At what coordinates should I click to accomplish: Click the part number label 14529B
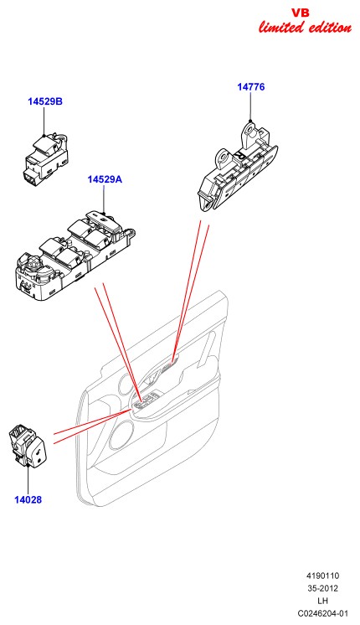(45, 101)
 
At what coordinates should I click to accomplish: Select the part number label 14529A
(105, 179)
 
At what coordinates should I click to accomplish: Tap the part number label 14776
(251, 87)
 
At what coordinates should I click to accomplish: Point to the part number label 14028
(28, 499)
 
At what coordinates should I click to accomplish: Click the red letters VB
(301, 13)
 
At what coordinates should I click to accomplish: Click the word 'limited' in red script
(281, 28)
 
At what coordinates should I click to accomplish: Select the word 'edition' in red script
(329, 28)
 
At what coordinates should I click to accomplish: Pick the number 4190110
(322, 576)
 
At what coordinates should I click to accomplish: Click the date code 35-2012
(322, 588)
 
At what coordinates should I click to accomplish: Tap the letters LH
(322, 601)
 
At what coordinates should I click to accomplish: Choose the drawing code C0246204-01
(322, 613)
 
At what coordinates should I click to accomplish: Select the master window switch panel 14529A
(74, 256)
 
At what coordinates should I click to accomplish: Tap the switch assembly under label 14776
(238, 167)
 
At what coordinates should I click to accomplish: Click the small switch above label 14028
(28, 445)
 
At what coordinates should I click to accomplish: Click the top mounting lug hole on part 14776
(250, 130)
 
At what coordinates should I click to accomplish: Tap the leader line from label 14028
(28, 480)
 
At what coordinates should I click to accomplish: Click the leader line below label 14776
(250, 106)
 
